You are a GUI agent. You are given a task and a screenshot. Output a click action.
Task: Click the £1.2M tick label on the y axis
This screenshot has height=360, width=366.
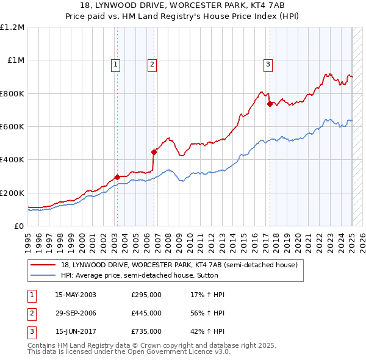click(x=12, y=27)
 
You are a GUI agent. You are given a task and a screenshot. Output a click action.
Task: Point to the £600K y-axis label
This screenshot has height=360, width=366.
click(x=12, y=126)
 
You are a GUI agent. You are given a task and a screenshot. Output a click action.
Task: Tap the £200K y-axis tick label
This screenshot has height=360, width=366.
click(x=12, y=193)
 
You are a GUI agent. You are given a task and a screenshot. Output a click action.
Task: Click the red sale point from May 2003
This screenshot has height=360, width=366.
click(x=117, y=177)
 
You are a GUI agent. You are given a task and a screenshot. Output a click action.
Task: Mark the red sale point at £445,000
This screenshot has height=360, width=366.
click(x=154, y=152)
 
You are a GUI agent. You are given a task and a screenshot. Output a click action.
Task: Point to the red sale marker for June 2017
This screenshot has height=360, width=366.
click(x=270, y=104)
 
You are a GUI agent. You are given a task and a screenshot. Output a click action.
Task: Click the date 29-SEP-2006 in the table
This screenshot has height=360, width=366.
click(x=76, y=313)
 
